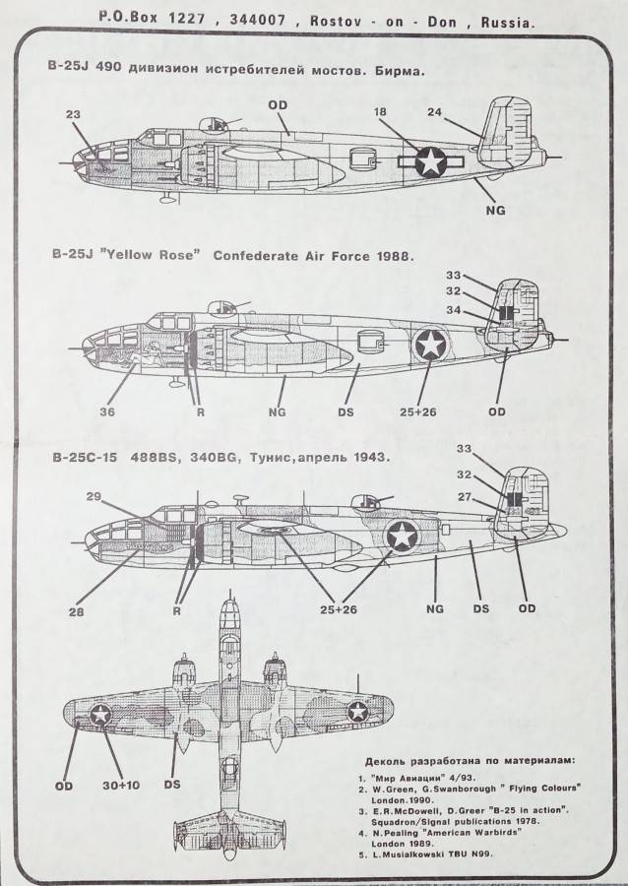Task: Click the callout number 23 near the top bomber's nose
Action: (x=73, y=113)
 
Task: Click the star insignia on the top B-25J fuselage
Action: (x=432, y=161)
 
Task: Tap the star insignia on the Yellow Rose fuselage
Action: (x=430, y=344)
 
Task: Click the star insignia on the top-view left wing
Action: (x=101, y=716)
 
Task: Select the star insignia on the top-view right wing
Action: (x=359, y=713)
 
